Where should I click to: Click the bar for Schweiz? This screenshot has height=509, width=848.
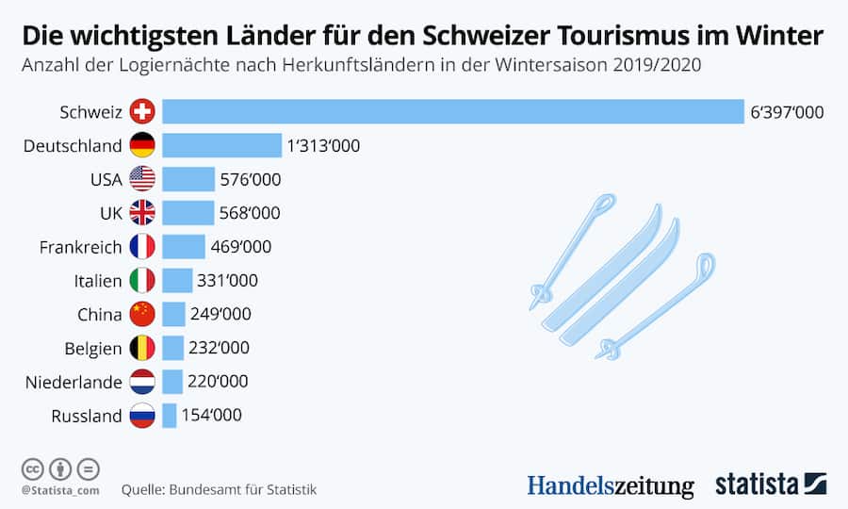point(452,112)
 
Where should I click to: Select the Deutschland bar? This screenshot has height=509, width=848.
point(221,146)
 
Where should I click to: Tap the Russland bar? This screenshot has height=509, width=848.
point(170,416)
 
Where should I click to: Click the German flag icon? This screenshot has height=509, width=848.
point(142,146)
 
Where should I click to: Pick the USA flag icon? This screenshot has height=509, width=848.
point(142,179)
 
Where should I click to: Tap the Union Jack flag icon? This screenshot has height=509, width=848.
point(142,213)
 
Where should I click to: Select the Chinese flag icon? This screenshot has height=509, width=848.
point(142,314)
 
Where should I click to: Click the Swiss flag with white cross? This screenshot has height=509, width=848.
point(142,112)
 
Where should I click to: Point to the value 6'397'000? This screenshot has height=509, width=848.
point(787,112)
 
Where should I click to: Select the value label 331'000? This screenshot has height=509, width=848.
point(227,281)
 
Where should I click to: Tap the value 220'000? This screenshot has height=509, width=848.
point(219,382)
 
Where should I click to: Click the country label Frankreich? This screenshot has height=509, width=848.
point(81,247)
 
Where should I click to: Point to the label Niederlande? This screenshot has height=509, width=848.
point(74,382)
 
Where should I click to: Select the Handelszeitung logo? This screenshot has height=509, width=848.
point(611,485)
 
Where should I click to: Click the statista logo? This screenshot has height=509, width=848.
point(771,484)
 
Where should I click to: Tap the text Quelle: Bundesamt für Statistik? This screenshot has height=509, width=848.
point(219,490)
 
